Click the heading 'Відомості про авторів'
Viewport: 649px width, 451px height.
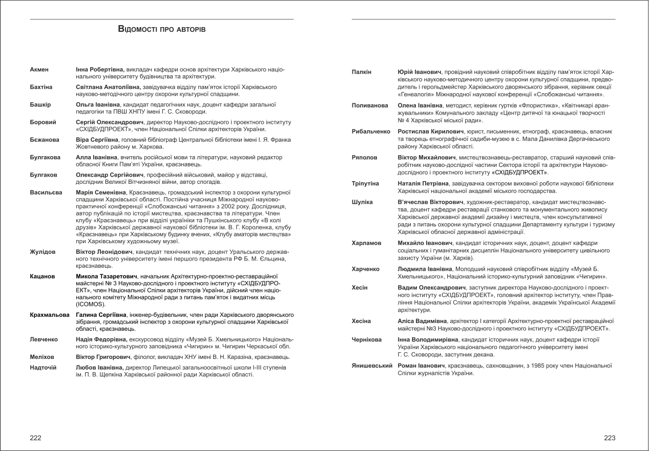[x=162, y=30]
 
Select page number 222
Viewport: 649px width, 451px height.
[x=36, y=438]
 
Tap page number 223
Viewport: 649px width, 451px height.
[x=610, y=438]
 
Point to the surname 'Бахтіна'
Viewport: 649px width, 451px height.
[x=41, y=88]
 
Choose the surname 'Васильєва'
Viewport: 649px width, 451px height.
[x=45, y=192]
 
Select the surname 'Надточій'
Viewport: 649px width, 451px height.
[x=44, y=368]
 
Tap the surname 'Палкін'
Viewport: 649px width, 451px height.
[x=362, y=73]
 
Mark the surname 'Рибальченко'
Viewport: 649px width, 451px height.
[x=371, y=132]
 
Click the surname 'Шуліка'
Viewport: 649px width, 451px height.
[x=362, y=202]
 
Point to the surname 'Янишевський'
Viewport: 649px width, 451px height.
[x=372, y=366]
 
